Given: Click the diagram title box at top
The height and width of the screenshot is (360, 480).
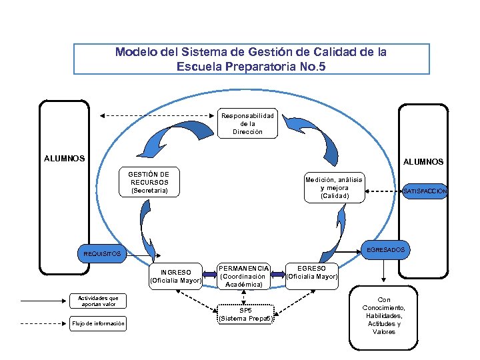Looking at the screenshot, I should (251, 59).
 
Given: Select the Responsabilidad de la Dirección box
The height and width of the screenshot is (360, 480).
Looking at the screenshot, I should (247, 123).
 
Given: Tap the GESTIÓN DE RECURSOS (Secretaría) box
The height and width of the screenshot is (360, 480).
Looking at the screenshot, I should (149, 182).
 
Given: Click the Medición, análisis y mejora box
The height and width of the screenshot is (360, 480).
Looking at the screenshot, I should (333, 188).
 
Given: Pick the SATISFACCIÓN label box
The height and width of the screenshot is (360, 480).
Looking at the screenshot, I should (425, 191).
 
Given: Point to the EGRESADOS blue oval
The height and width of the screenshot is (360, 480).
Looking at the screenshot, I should (385, 249).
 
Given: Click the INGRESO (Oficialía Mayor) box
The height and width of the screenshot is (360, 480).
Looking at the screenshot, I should (176, 276).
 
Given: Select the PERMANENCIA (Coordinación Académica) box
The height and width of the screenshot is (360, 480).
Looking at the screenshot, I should (244, 276).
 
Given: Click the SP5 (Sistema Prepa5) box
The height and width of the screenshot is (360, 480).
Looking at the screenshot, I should (245, 314).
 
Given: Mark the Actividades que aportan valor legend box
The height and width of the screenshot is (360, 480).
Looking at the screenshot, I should (98, 301).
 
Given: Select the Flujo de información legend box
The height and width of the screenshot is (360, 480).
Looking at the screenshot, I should (98, 324).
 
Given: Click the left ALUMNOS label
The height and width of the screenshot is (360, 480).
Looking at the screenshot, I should (64, 159).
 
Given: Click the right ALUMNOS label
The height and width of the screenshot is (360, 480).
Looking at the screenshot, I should (423, 161).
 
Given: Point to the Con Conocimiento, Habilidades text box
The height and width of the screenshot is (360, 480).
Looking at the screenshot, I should (384, 316).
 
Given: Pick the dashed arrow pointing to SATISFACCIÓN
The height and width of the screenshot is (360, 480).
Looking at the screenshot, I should (384, 192).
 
